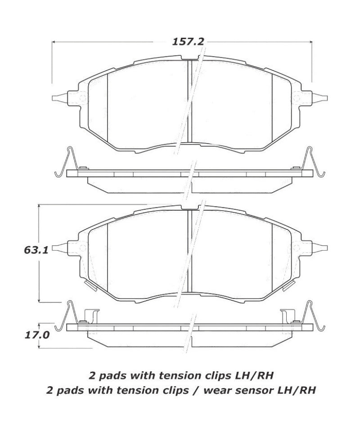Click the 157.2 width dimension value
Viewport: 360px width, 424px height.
click(188, 42)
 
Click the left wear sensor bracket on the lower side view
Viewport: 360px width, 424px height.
click(90, 316)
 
